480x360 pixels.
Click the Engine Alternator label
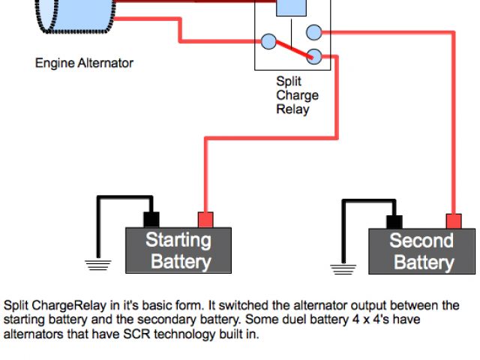click(x=84, y=63)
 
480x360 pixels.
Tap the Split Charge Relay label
click(x=297, y=95)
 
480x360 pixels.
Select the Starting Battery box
click(x=178, y=250)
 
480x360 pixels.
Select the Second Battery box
click(x=421, y=251)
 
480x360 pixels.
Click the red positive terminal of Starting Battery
click(x=205, y=220)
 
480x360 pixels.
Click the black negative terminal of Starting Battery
click(x=151, y=220)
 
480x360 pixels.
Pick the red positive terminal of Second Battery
click(x=454, y=221)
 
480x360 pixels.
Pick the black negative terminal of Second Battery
click(x=394, y=222)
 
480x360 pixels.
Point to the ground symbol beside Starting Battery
click(x=98, y=265)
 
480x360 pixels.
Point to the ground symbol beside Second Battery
click(x=343, y=269)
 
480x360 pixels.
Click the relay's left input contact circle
click(x=268, y=41)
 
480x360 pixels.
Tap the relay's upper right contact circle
click(x=314, y=32)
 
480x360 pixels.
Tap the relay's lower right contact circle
click(x=314, y=56)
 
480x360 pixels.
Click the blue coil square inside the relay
click(x=291, y=7)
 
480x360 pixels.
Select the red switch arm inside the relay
click(x=295, y=49)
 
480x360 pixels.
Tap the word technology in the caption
click(x=184, y=334)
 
